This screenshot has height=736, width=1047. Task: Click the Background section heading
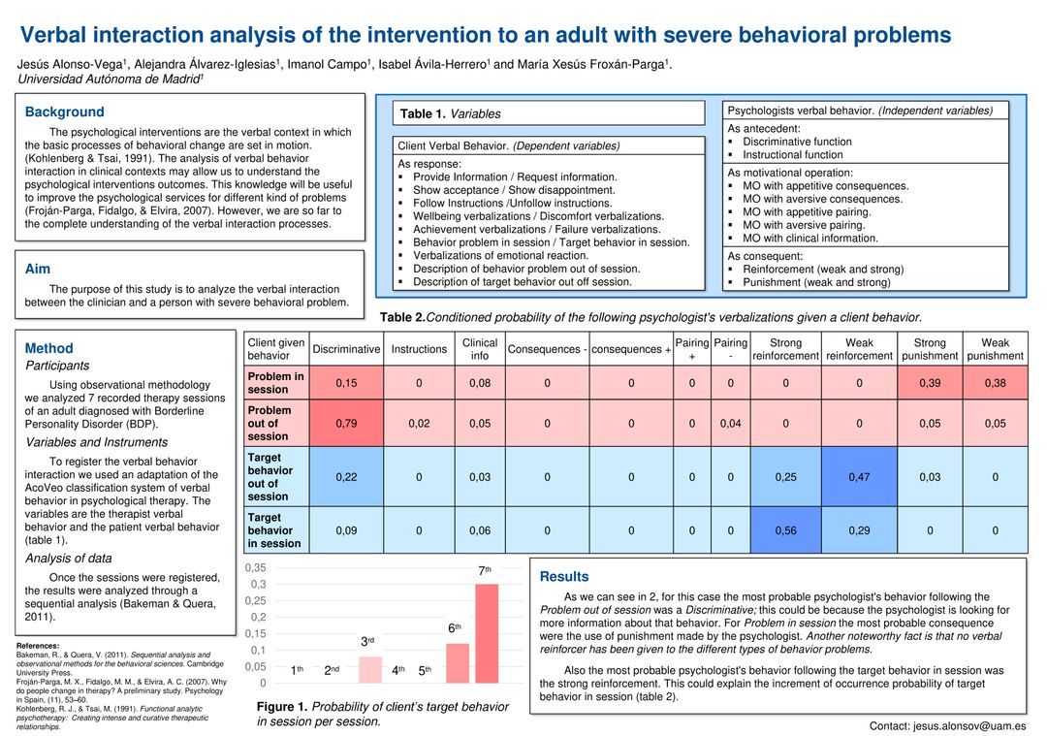65,112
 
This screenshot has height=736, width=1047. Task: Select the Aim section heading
38,269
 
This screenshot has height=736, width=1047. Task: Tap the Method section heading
48,348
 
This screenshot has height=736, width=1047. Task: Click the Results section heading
564,576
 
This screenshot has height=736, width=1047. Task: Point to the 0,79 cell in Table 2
345,423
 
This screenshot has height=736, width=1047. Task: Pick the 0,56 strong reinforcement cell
785,530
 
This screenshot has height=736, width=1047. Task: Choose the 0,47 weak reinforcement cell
859,477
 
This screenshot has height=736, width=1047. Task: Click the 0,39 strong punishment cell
930,383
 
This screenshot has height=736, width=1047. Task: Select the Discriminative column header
346,349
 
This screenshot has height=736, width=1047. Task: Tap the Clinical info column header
480,349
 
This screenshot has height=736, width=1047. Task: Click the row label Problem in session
275,383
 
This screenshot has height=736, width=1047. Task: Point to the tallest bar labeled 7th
487,633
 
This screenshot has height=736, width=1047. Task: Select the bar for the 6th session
458,663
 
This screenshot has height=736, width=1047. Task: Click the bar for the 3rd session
370,670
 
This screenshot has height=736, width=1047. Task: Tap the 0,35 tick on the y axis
255,567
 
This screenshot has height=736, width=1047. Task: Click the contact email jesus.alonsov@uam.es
947,725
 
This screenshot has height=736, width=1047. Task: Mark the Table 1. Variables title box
549,113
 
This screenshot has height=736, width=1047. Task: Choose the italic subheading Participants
57,367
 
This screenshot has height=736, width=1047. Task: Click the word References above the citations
38,646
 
